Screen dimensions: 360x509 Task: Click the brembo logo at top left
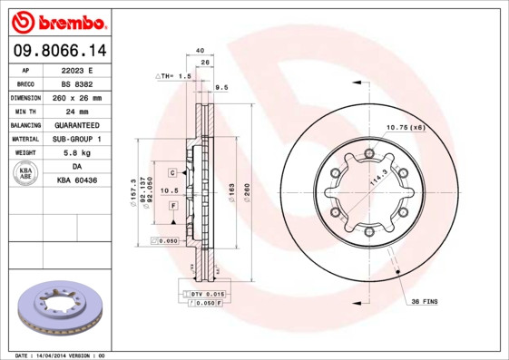59,20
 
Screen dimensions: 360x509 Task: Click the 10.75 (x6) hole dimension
406,127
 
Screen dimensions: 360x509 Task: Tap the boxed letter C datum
172,171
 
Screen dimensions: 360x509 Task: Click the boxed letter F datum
172,207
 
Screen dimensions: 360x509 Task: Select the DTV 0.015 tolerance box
206,295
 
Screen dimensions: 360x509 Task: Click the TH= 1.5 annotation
175,77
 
